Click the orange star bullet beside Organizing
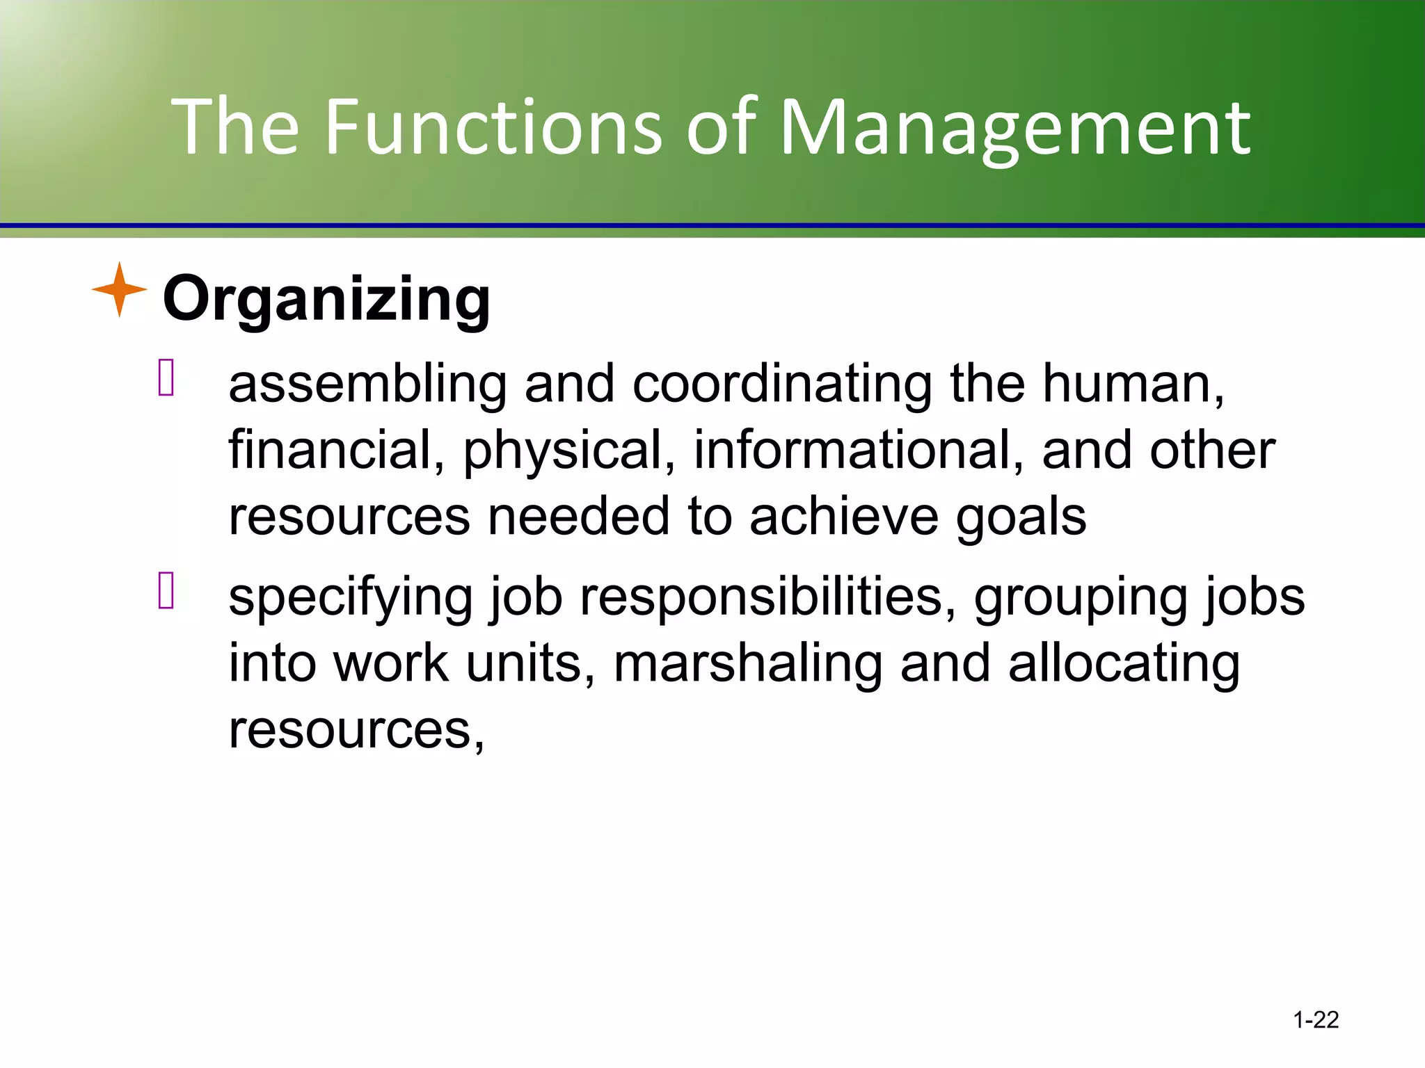tap(120, 289)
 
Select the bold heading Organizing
tap(326, 299)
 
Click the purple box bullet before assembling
tap(166, 378)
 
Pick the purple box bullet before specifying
tap(166, 590)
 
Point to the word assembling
tap(367, 385)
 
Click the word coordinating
tap(782, 385)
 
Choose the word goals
tap(1020, 518)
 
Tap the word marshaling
tap(747, 665)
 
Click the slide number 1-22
tap(1315, 1020)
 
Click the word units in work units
tap(529, 663)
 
